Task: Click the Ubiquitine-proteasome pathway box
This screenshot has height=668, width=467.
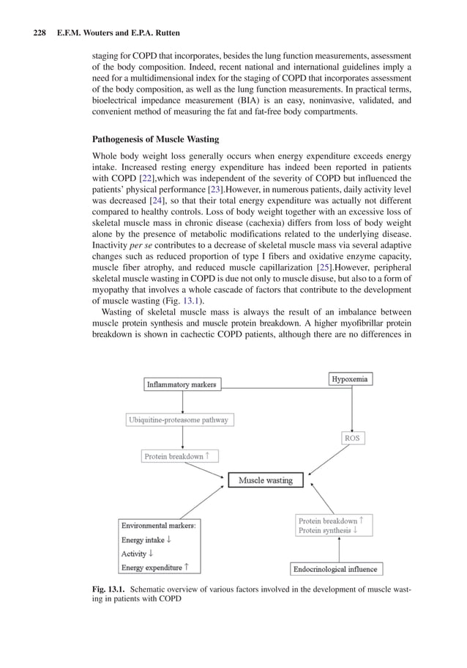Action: (x=179, y=420)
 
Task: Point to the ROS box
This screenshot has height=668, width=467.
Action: (x=352, y=438)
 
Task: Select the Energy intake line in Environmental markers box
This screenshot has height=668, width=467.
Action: (x=146, y=540)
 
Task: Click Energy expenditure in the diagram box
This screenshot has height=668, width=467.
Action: (x=154, y=567)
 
